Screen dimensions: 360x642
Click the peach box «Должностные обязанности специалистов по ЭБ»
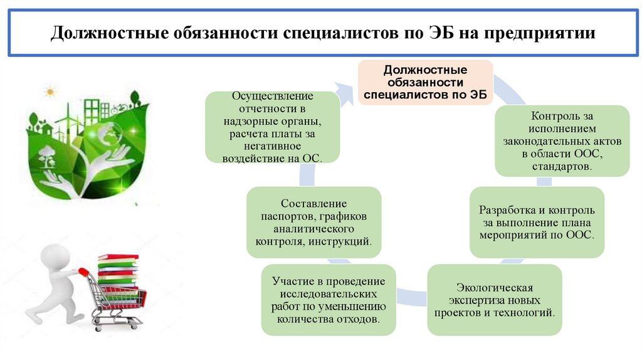425,82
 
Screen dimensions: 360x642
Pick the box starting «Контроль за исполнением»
562,141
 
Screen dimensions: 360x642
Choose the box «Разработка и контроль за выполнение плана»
537,222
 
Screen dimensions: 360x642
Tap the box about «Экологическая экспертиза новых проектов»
494,300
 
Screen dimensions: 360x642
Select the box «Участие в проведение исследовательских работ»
329,300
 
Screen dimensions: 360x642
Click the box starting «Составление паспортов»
313,222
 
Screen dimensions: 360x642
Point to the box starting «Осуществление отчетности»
272,127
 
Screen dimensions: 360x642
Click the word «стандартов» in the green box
560,167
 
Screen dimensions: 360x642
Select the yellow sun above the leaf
50,92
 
